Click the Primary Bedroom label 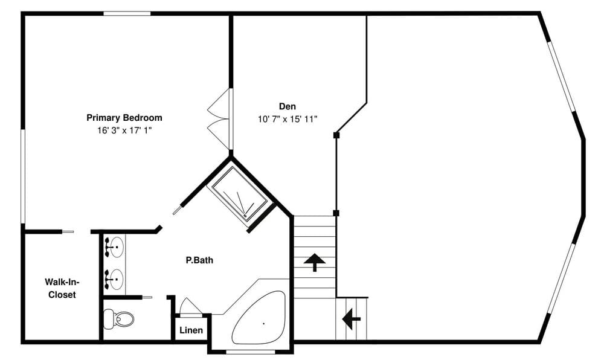click(124, 118)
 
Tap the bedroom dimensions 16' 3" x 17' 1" click(124, 130)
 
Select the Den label click(287, 106)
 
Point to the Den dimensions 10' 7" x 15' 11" click(287, 119)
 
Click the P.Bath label click(199, 261)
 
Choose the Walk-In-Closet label click(62, 288)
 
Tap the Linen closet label click(191, 330)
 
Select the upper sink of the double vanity click(114, 246)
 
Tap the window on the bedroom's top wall click(127, 13)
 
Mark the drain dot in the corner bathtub click(264, 324)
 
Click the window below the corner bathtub click(250, 351)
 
